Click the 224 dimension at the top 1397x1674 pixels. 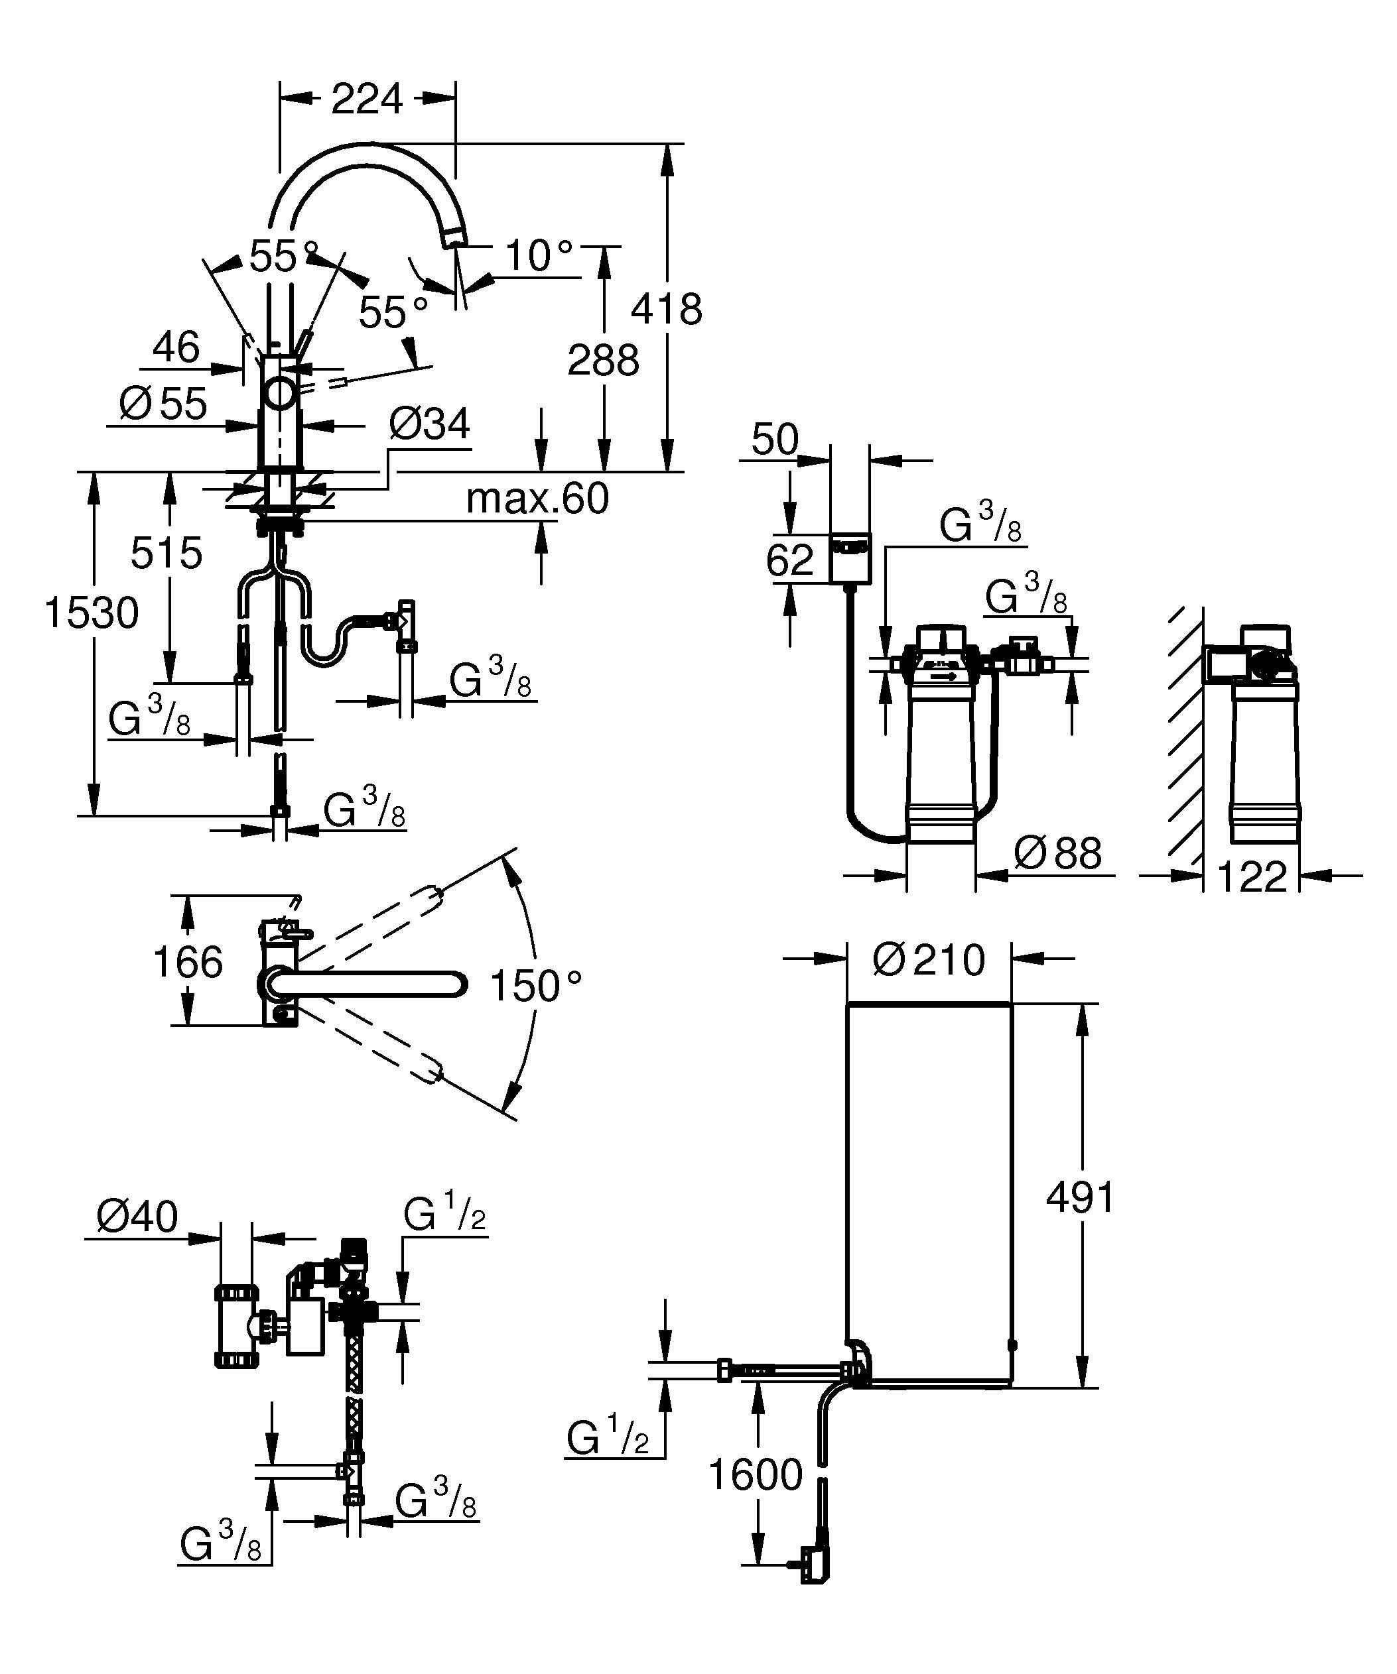(x=366, y=99)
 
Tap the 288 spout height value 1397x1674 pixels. (x=603, y=360)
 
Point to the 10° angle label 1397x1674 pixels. (x=539, y=257)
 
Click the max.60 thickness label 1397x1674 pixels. (x=537, y=499)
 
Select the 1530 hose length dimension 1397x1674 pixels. (x=92, y=613)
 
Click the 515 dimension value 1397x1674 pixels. (x=166, y=552)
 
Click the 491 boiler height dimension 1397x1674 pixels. (x=1080, y=1197)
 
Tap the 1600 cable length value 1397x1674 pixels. (x=755, y=1474)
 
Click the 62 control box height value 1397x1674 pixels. (x=789, y=560)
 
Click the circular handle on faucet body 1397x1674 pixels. (x=280, y=393)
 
